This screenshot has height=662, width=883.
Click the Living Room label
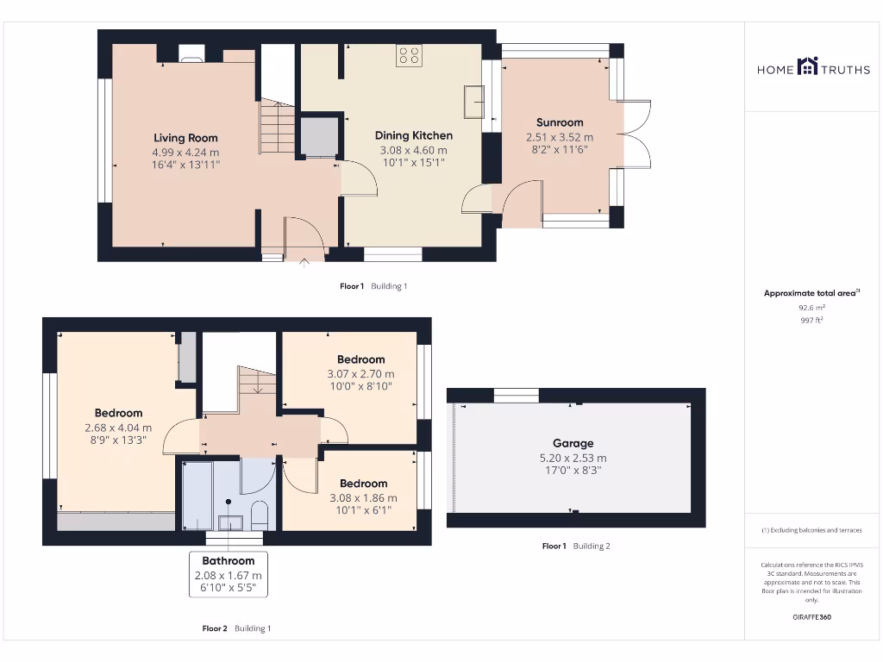pyautogui.click(x=185, y=138)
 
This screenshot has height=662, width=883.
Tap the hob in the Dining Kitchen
pyautogui.click(x=409, y=56)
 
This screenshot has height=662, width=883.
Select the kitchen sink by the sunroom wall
pyautogui.click(x=473, y=102)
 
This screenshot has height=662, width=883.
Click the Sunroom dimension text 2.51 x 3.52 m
pyautogui.click(x=560, y=137)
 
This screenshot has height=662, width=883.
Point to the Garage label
pyautogui.click(x=573, y=444)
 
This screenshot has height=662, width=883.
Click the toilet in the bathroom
pyautogui.click(x=260, y=515)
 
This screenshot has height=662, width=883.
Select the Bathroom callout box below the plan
pyautogui.click(x=229, y=575)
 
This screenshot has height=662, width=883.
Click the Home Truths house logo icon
pyautogui.click(x=808, y=66)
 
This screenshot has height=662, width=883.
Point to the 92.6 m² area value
pyautogui.click(x=811, y=307)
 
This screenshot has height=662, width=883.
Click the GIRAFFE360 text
pyautogui.click(x=811, y=617)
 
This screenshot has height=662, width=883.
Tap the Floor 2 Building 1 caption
pyautogui.click(x=236, y=628)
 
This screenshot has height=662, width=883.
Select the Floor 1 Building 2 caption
pyautogui.click(x=575, y=546)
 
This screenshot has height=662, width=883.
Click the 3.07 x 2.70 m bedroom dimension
pyautogui.click(x=360, y=374)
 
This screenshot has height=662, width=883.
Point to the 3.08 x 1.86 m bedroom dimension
pyautogui.click(x=362, y=498)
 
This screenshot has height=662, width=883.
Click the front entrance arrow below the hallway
pyautogui.click(x=304, y=263)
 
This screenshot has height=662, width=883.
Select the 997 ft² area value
pyautogui.click(x=811, y=320)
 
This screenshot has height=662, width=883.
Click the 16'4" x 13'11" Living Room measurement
pyautogui.click(x=185, y=164)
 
